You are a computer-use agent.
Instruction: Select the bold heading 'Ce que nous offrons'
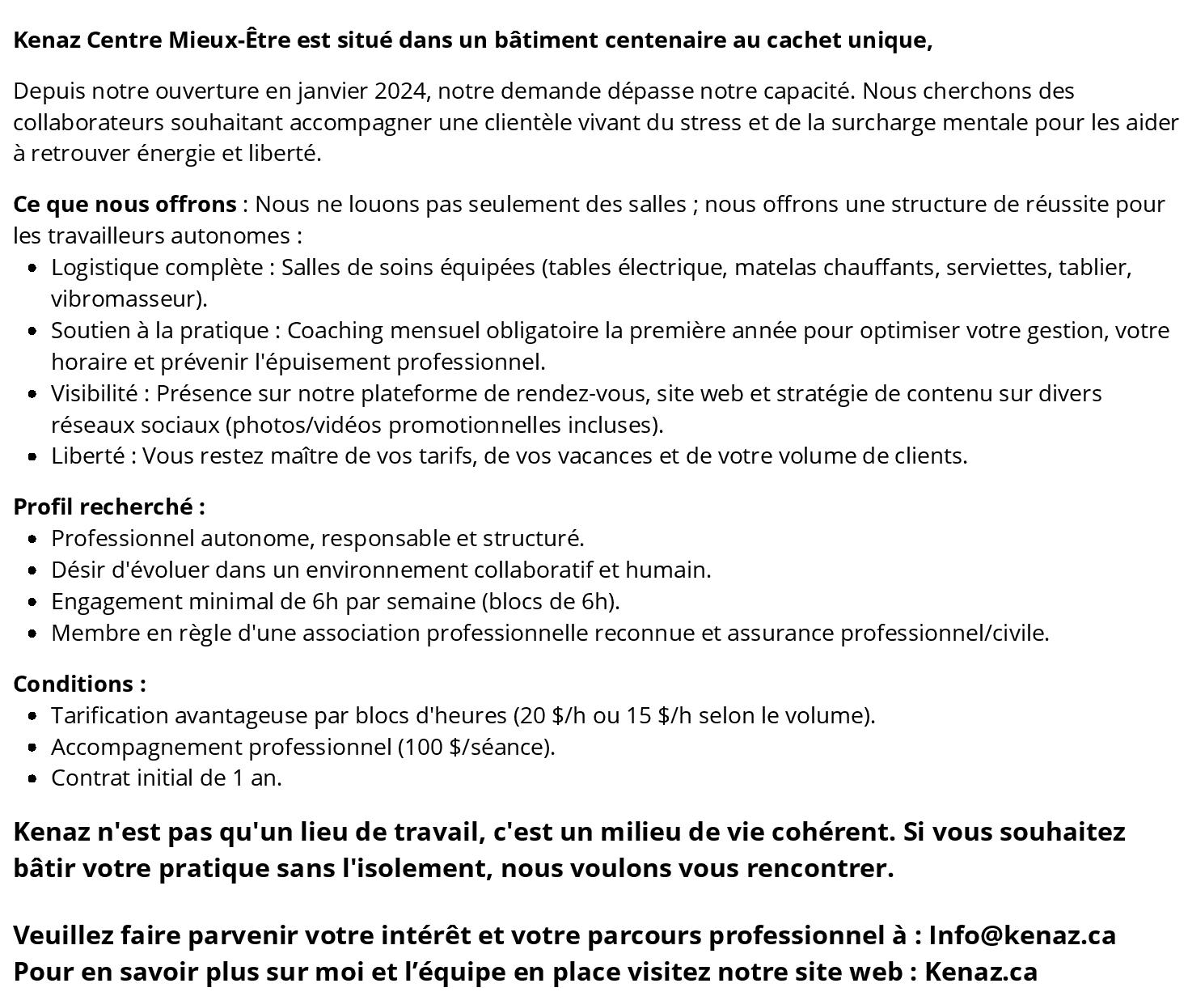[x=125, y=204]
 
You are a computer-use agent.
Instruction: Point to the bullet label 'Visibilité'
[x=94, y=393]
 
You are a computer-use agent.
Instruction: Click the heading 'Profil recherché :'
[x=109, y=506]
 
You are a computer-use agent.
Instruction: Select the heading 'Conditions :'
[x=79, y=684]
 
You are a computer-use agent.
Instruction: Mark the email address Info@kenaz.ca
[x=1022, y=935]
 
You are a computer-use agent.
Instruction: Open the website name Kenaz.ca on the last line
[x=981, y=971]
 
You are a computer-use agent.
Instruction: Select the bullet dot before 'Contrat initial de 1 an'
[x=32, y=779]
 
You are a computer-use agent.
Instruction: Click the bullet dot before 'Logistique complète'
[x=32, y=268]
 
